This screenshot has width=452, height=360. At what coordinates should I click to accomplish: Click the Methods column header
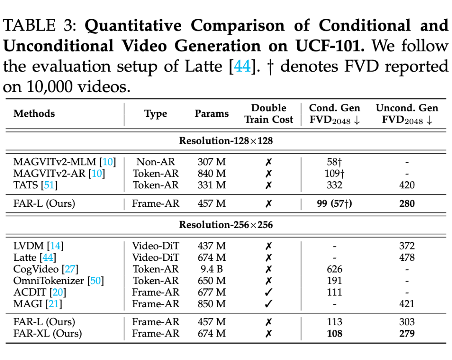[x=34, y=113]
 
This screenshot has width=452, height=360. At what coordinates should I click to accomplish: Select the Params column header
[x=212, y=113]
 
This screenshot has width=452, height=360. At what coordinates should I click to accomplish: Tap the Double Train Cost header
[x=269, y=113]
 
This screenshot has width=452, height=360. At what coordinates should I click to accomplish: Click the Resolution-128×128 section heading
[x=226, y=141]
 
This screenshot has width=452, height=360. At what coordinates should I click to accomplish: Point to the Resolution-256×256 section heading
[x=226, y=225]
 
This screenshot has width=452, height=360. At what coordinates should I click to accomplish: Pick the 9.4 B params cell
[x=212, y=269]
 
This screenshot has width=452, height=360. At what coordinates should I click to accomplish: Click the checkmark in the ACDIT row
[x=269, y=292]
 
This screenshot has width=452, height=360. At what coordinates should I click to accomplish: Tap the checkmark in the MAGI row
[x=269, y=304]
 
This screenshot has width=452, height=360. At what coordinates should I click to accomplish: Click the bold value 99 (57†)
[x=334, y=204]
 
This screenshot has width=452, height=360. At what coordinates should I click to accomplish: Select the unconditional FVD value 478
[x=407, y=257]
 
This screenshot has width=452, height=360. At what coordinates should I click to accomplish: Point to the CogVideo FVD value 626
[x=334, y=269]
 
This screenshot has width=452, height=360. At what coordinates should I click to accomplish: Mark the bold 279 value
[x=407, y=334]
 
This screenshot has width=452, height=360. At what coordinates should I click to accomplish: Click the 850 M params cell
[x=212, y=304]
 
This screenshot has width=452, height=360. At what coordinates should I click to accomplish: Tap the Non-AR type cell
[x=156, y=162]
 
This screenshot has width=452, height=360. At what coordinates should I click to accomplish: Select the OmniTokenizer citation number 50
[x=96, y=281]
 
